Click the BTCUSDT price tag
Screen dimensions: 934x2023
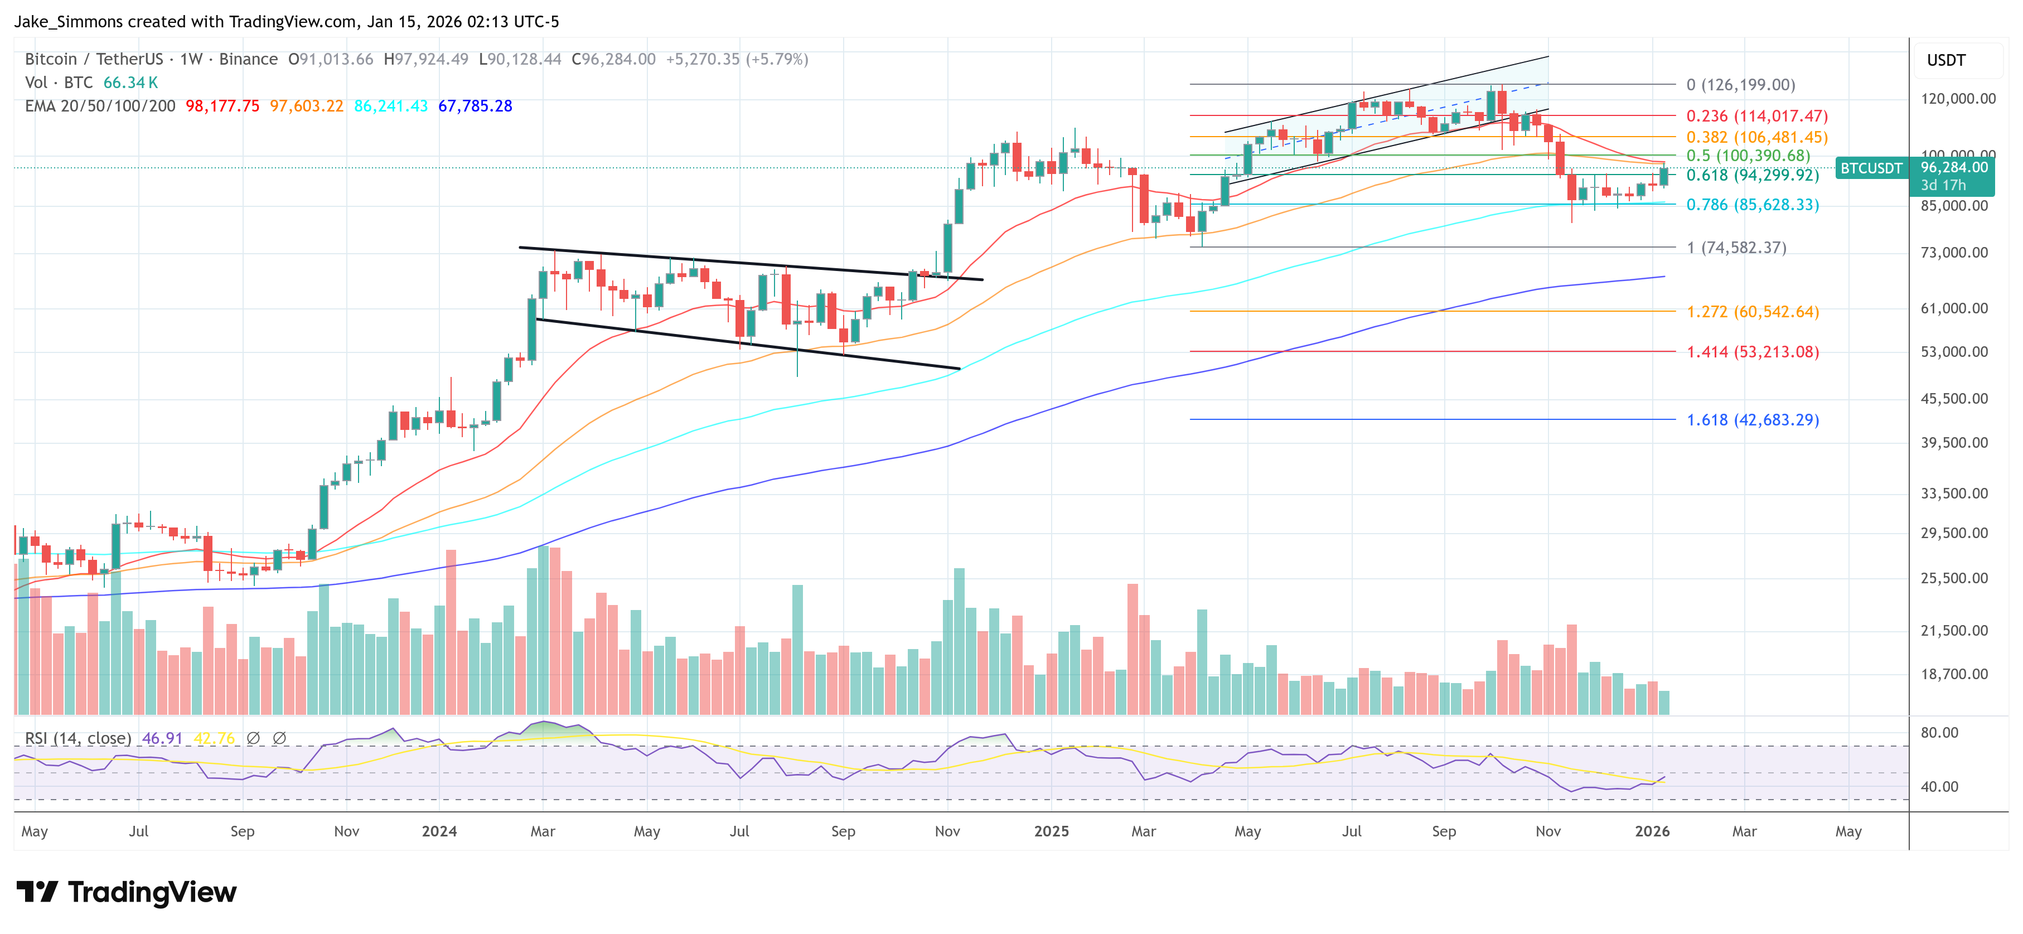pyautogui.click(x=1871, y=168)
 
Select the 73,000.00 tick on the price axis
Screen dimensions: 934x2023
pyautogui.click(x=1954, y=252)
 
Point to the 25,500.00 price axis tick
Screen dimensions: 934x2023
pyautogui.click(x=1954, y=578)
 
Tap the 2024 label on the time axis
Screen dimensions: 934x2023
pyautogui.click(x=439, y=831)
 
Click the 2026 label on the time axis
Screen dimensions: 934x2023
pyautogui.click(x=1652, y=831)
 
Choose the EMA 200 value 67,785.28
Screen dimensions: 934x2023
pyautogui.click(x=475, y=106)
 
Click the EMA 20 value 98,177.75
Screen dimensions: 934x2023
pyautogui.click(x=222, y=106)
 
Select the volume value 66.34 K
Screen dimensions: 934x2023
pyautogui.click(x=130, y=83)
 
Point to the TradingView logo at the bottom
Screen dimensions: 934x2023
pyautogui.click(x=127, y=892)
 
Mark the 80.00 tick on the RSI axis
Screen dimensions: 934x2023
pyautogui.click(x=1938, y=732)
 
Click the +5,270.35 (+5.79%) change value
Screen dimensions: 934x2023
pyautogui.click(x=736, y=59)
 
